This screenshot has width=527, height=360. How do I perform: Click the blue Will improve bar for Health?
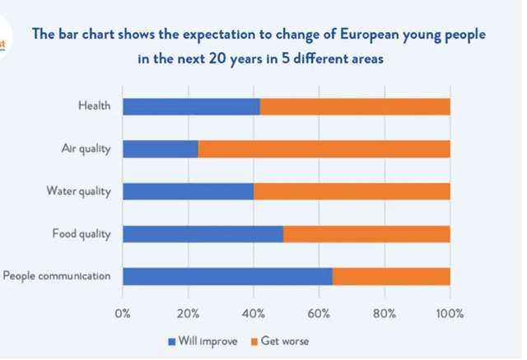point(191,106)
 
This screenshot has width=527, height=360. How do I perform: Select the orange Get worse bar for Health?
point(355,106)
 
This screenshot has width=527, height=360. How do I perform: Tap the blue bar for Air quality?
point(161,149)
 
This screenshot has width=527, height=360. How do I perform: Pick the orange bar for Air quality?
point(324,149)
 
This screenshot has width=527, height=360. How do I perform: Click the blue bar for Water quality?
point(188,191)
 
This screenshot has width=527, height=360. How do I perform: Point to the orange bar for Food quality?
point(366,234)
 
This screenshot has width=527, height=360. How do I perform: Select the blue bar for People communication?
point(227,276)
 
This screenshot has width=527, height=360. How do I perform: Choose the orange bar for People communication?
point(391,276)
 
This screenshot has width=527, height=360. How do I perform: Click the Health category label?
point(94,106)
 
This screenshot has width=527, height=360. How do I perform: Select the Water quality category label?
point(79,191)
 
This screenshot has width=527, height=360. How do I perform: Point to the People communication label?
point(57,276)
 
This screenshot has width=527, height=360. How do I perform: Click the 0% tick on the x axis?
point(123,313)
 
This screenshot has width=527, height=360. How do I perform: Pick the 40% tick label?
point(254,313)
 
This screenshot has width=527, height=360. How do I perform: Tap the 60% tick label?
point(319,313)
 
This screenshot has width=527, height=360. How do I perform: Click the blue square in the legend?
point(172,340)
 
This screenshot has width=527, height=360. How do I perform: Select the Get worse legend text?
point(285,340)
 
